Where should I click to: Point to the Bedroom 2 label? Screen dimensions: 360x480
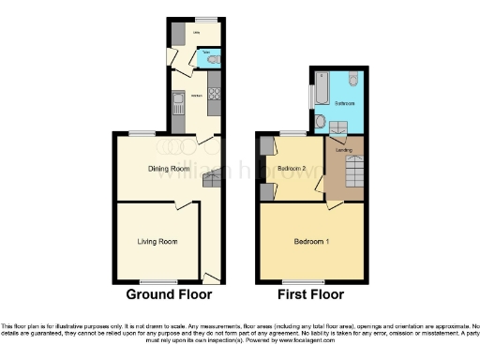tap(295, 169)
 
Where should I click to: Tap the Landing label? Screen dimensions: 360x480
tap(343, 149)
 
